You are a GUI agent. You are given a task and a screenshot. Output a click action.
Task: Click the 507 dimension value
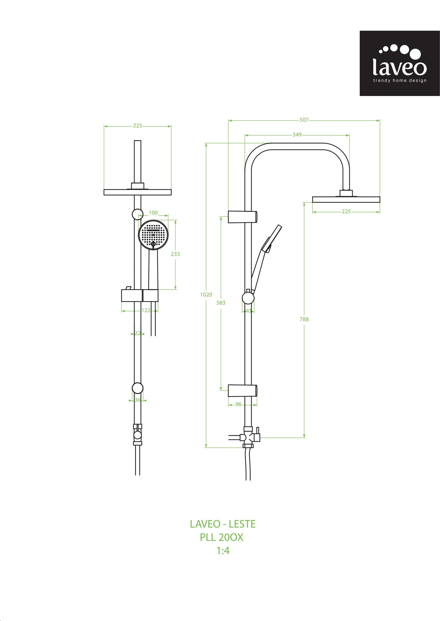304,120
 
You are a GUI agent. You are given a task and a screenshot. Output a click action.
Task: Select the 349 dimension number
297,134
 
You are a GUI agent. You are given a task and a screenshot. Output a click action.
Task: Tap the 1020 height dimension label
206,294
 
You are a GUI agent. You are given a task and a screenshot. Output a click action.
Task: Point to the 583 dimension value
221,303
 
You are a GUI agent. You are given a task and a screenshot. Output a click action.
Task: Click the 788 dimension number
304,319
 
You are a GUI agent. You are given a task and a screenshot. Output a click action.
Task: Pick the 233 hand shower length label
175,254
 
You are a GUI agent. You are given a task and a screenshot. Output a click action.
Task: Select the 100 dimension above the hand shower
153,213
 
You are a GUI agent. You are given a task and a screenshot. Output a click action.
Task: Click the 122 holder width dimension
146,310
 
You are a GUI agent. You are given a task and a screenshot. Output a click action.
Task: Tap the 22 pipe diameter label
138,333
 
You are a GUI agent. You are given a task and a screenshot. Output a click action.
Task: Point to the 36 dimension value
138,400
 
